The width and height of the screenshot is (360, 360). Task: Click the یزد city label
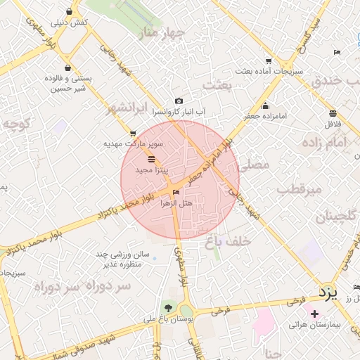click(327, 290)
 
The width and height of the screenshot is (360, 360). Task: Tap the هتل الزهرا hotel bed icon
click(176, 192)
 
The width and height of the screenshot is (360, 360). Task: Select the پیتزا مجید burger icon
click(152, 160)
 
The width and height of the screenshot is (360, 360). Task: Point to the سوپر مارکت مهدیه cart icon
click(133, 133)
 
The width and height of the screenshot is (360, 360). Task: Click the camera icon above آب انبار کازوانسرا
click(179, 101)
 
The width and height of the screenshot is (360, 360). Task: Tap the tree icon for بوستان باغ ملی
click(167, 308)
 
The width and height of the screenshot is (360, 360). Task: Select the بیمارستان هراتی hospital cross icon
click(314, 313)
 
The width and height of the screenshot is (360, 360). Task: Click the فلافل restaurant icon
click(333, 113)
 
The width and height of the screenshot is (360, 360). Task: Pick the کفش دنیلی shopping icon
click(69, 12)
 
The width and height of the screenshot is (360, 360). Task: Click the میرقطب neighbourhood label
click(298, 189)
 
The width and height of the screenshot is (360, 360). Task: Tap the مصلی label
click(255, 165)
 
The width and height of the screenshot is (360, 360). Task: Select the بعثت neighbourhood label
click(217, 85)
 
